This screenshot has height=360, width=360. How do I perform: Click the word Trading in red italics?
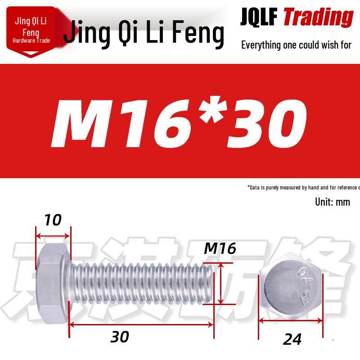coord(318,17)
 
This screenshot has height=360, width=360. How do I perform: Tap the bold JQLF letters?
coord(259,17)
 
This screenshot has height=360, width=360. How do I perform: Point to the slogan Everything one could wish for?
coord(296,45)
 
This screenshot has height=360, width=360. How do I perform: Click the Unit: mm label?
coord(332,202)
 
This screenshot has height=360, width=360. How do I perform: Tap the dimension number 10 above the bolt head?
coord(53,220)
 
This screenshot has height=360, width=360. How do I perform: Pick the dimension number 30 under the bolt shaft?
coord(120,337)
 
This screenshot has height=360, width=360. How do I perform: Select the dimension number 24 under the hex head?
coord(292,339)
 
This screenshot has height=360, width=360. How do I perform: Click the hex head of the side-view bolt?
coord(53,284)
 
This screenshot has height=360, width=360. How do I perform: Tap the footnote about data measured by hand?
coord(303,188)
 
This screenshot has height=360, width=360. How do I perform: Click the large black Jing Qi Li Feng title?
coord(144,34)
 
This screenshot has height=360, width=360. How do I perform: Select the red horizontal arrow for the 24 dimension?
coord(291,321)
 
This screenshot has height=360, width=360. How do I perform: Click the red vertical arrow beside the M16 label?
coord(220,285)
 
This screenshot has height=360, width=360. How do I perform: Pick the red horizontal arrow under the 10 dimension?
coord(53,235)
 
